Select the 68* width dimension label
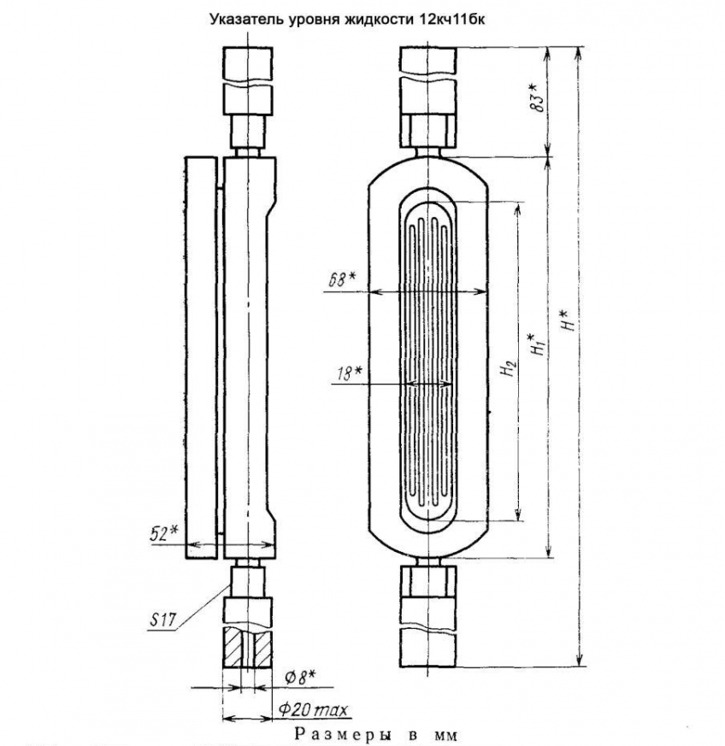(x=341, y=279)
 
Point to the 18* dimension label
(x=349, y=373)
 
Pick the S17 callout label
(x=162, y=620)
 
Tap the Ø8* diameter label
(x=301, y=678)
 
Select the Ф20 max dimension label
(x=313, y=710)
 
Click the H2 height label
(x=509, y=367)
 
